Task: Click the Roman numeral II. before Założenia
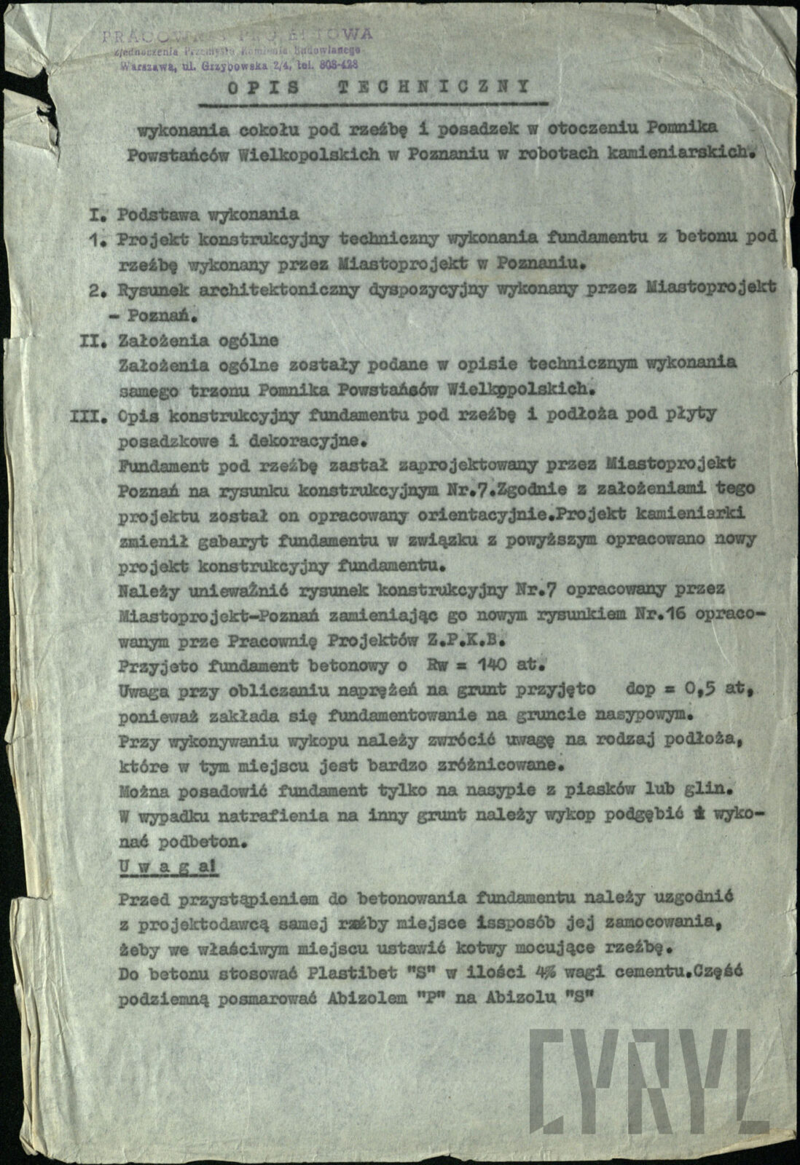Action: (x=96, y=340)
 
